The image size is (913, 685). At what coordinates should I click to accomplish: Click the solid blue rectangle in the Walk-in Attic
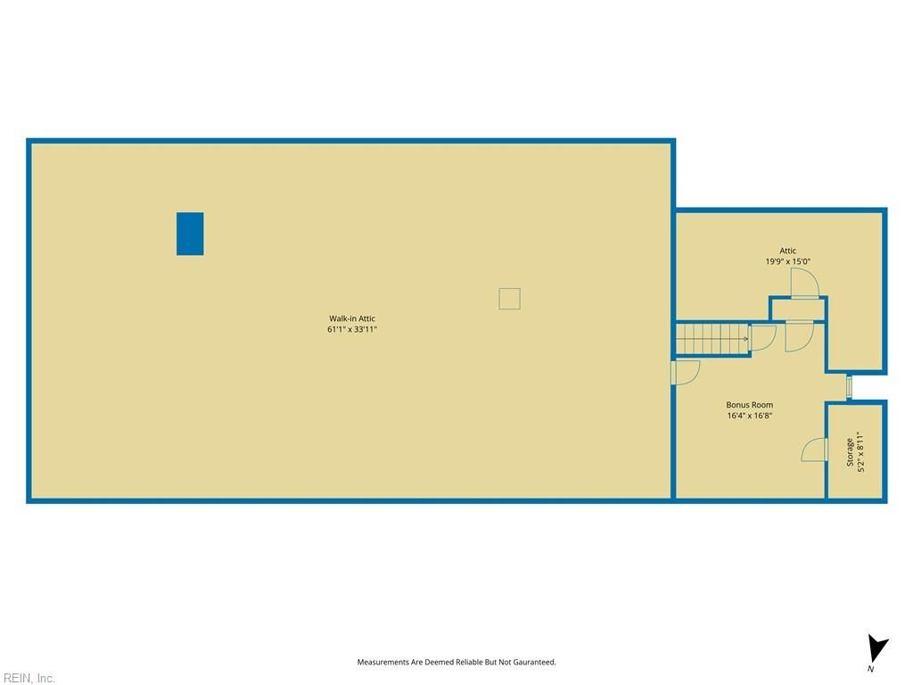pos(190,234)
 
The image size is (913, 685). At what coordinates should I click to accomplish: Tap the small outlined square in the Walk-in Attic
pos(509,299)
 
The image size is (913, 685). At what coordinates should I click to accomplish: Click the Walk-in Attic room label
pos(352,318)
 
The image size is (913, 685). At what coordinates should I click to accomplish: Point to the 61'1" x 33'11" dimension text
pos(352,330)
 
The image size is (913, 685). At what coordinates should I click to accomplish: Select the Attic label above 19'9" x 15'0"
pos(788,251)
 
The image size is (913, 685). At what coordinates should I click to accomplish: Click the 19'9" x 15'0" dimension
pos(788,261)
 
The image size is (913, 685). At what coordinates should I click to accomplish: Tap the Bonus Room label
pos(749,405)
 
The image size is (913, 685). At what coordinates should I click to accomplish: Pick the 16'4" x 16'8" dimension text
pos(749,416)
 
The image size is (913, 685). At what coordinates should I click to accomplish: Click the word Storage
pos(850,452)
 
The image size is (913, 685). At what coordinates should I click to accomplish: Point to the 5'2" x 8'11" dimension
pos(861,452)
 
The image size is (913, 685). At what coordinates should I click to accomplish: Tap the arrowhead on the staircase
pos(746,338)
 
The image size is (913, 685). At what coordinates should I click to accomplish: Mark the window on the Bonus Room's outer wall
pos(849,387)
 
